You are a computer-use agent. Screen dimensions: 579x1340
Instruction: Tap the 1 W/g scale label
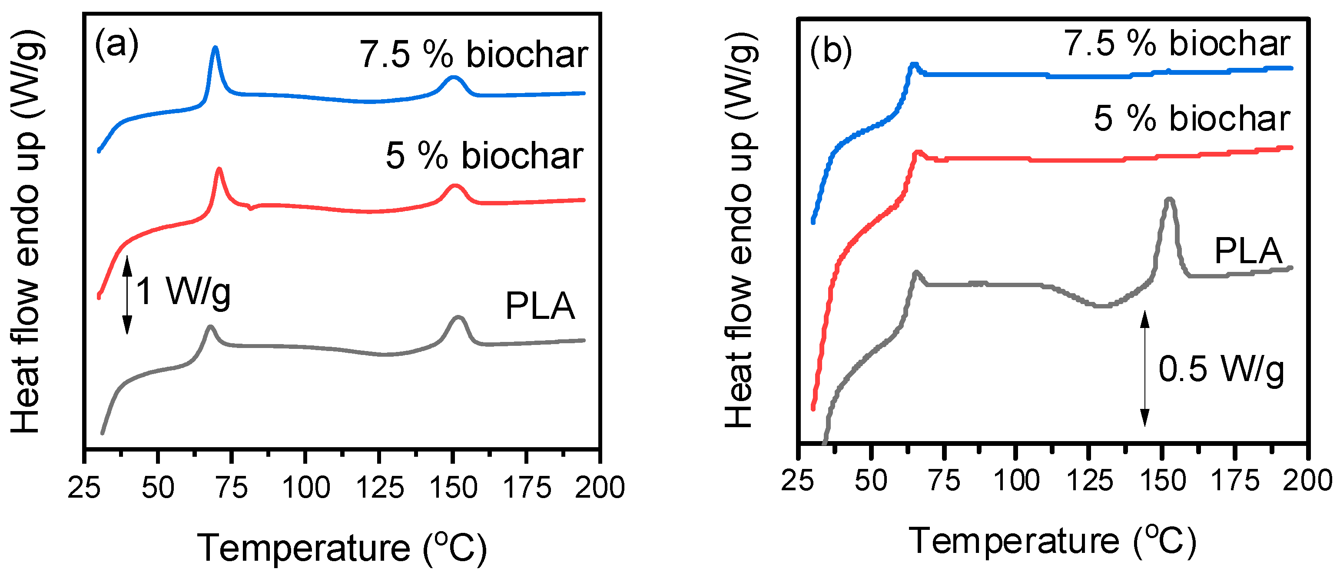pyautogui.click(x=183, y=291)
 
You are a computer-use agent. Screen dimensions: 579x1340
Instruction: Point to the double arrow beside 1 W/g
pyautogui.click(x=127, y=294)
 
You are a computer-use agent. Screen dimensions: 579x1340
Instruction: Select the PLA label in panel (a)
pyautogui.click(x=540, y=306)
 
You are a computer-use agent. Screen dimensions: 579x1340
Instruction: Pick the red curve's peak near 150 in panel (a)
pyautogui.click(x=455, y=187)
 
